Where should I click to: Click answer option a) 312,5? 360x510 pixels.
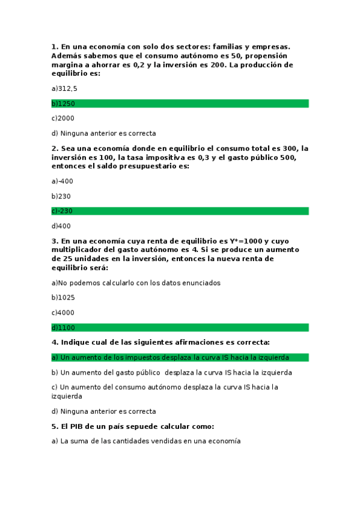(x=64, y=88)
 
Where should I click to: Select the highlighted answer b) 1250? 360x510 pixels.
(x=63, y=103)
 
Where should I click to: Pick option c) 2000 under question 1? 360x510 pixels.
(x=63, y=118)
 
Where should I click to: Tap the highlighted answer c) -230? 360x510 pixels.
(x=63, y=211)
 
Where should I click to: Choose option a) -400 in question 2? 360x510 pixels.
(x=63, y=181)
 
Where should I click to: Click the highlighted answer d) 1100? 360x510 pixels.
(x=63, y=327)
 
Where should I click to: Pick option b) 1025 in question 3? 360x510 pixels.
(x=63, y=298)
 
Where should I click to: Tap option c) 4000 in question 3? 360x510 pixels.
(x=63, y=313)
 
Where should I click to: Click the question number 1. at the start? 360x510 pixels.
(x=55, y=47)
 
